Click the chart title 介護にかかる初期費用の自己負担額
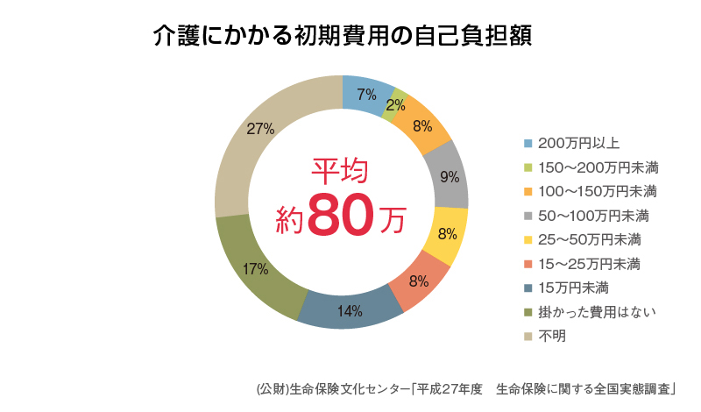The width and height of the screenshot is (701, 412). (343, 36)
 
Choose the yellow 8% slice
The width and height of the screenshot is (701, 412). (446, 234)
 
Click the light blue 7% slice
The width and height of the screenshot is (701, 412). (367, 95)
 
